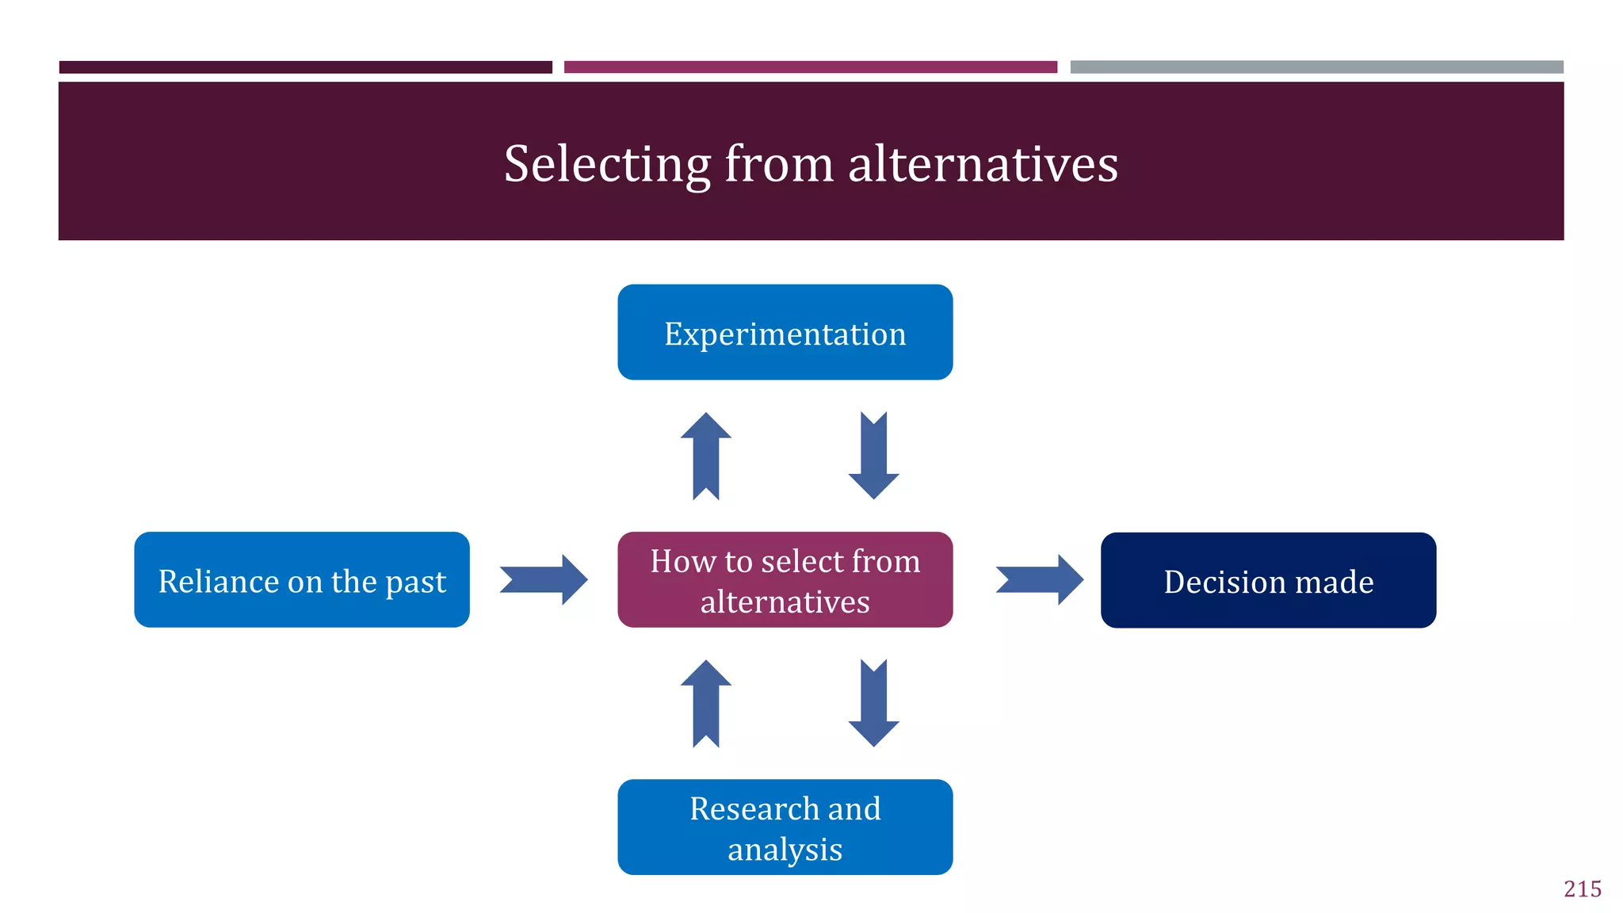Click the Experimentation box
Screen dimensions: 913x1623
(785, 332)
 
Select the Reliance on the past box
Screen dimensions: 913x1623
(302, 579)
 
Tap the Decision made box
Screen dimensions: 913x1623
(1268, 580)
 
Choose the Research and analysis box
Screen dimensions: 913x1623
(785, 827)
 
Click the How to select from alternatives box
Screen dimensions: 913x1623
(785, 579)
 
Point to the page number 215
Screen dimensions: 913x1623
(1582, 888)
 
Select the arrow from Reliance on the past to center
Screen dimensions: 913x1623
(544, 579)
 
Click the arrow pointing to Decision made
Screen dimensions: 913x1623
(1040, 579)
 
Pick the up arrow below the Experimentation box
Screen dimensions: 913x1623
(705, 456)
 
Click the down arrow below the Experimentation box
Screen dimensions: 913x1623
(873, 456)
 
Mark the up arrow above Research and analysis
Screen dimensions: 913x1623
(705, 703)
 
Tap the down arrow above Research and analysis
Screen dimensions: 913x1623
(873, 703)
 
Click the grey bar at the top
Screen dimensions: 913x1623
(1316, 67)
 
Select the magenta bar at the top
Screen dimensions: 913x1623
(810, 67)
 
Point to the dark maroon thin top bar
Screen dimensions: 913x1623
(305, 67)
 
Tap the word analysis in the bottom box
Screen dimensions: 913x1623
(785, 850)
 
